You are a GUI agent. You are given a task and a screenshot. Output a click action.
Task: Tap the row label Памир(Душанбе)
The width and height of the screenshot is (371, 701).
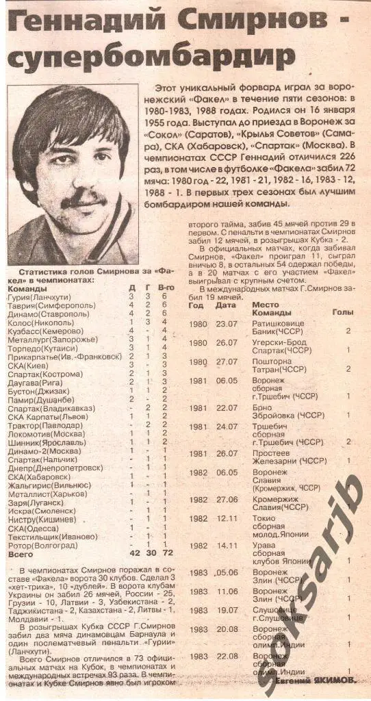[x=40, y=398]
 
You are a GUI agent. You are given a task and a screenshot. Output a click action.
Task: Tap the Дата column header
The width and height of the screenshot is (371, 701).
[x=225, y=305]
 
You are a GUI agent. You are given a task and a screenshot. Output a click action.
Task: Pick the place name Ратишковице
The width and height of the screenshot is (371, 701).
[x=277, y=324]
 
